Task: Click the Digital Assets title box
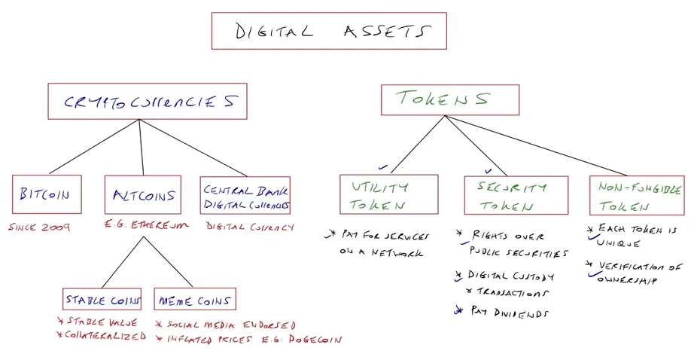tap(329, 31)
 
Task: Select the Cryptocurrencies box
tap(147, 102)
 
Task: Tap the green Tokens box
tap(449, 99)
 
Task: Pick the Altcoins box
tap(142, 195)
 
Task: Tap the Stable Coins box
tap(102, 299)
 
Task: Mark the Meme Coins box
tap(195, 299)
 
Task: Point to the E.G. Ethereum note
tap(145, 225)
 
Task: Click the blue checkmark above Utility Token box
tap(384, 167)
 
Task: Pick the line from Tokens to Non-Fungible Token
tap(542, 145)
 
